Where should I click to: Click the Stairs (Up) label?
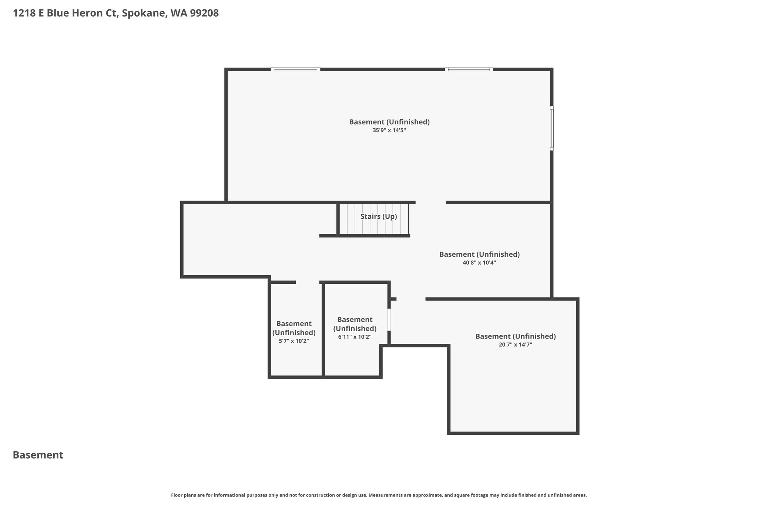379,216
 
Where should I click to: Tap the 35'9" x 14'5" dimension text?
389,130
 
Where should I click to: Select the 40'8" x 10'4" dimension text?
479,263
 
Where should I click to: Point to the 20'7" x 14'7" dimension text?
516,344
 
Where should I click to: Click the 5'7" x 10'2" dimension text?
294,341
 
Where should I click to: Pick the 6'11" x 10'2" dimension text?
355,337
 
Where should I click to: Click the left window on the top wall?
295,69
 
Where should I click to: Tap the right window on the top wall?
469,69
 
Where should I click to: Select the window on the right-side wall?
551,128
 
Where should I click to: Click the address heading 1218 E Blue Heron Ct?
65,13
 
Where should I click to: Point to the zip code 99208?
204,13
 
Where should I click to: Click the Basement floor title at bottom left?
38,455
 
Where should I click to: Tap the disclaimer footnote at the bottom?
379,495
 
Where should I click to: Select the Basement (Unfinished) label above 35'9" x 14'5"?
389,122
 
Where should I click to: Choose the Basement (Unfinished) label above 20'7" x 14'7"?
516,336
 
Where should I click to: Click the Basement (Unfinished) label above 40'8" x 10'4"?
479,254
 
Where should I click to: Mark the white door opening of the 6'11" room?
389,320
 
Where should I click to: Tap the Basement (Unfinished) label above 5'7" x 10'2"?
294,328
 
